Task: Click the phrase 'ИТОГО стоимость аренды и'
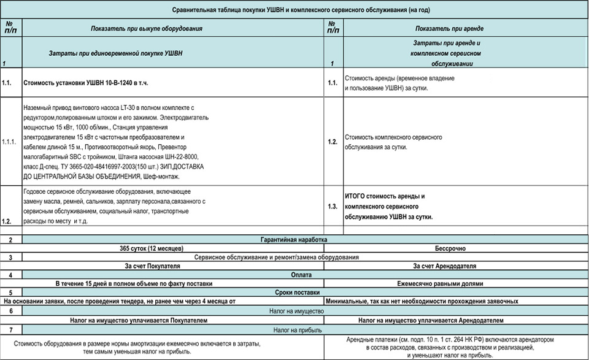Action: (385, 196)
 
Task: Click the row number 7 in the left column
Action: (10, 330)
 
